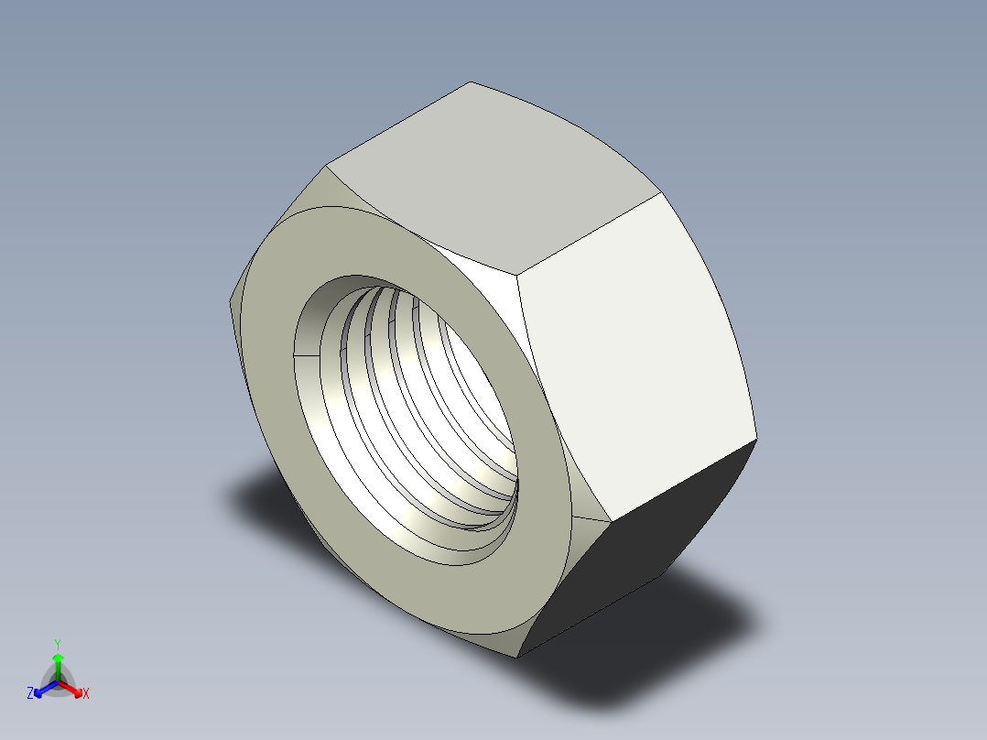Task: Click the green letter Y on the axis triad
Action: (x=57, y=644)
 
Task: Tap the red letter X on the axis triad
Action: (x=86, y=694)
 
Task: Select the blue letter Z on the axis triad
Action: (x=30, y=694)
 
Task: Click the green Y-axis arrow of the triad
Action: (x=58, y=663)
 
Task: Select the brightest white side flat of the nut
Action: (x=632, y=357)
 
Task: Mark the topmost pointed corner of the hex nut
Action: (x=471, y=82)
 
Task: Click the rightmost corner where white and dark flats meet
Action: (x=757, y=440)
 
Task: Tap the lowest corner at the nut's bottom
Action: (x=516, y=657)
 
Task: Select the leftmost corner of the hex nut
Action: (x=228, y=300)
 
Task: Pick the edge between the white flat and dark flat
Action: (x=682, y=481)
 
